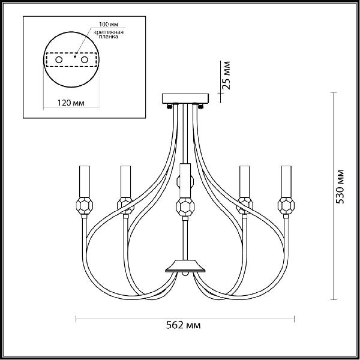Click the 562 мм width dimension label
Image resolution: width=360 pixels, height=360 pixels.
pyautogui.click(x=183, y=325)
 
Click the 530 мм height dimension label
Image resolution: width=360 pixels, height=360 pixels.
pyautogui.click(x=340, y=187)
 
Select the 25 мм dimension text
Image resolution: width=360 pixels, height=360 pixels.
pyautogui.click(x=226, y=76)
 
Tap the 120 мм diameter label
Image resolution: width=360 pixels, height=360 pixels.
pyautogui.click(x=71, y=103)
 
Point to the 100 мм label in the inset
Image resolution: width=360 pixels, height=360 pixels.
pyautogui.click(x=109, y=24)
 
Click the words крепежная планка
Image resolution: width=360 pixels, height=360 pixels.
pyautogui.click(x=109, y=34)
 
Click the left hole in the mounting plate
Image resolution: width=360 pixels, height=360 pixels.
pyautogui.click(x=59, y=59)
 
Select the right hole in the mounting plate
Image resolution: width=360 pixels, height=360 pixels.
pyautogui.click(x=85, y=59)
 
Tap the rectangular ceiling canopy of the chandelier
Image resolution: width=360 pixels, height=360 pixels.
pyautogui.click(x=185, y=98)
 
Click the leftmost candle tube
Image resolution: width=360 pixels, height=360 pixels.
pyautogui.click(x=84, y=181)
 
